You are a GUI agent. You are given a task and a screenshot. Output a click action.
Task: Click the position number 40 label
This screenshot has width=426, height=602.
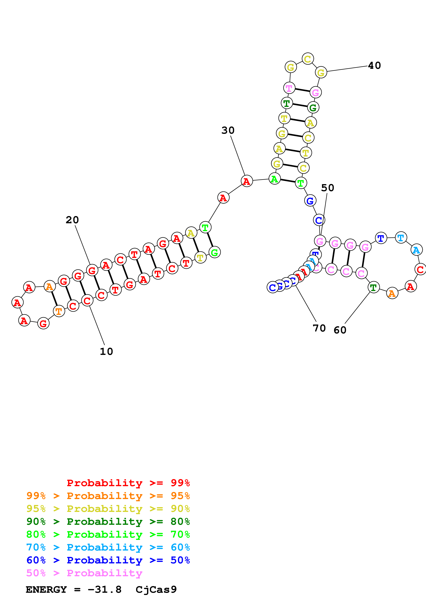pos(374,66)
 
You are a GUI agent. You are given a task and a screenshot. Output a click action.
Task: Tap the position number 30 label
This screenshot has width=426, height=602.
pos(228,130)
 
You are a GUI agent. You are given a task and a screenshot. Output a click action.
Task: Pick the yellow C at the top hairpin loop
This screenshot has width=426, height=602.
pos(308,59)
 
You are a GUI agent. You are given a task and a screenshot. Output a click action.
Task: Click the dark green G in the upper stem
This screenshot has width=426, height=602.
pos(313,107)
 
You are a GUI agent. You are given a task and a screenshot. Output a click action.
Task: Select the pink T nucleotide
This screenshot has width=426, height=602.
pos(289,88)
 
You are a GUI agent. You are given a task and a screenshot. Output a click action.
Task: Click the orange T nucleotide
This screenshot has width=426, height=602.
pos(59,311)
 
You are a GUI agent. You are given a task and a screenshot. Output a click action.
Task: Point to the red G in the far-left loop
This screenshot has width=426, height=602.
pos(43,323)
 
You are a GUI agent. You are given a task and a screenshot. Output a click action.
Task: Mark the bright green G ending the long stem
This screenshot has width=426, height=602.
pos(214,252)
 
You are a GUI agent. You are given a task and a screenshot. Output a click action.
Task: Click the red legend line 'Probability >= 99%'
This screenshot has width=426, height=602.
pos(128,483)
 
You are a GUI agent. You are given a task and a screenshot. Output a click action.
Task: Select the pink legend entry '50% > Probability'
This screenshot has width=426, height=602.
pos(84,573)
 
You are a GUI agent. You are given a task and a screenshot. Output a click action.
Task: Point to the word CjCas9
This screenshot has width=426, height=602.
pos(156,590)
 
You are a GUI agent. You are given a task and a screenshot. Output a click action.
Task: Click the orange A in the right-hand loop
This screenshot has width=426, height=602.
pos(392,293)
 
